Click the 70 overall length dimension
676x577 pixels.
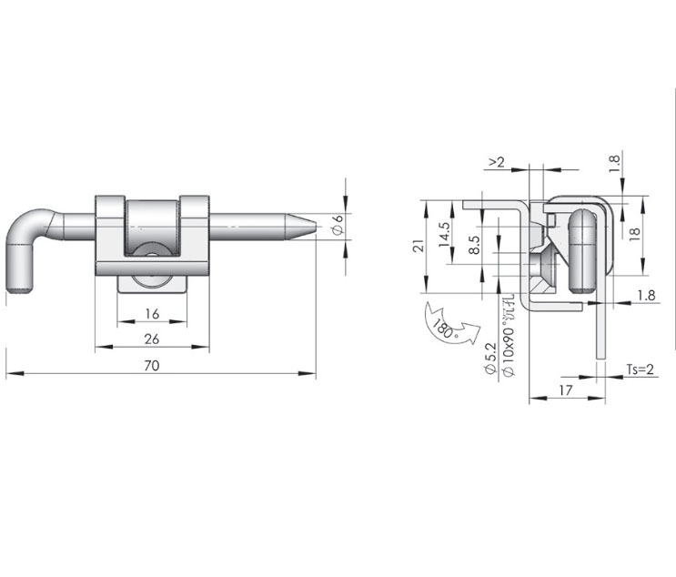coord(152,366)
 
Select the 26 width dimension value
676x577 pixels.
coord(152,339)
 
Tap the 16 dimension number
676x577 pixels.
coord(152,314)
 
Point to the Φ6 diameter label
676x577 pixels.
coord(338,225)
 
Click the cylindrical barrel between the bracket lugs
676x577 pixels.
coord(152,227)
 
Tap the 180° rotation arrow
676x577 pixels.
coord(451,326)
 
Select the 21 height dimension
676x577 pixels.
coord(419,248)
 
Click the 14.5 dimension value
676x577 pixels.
coord(444,235)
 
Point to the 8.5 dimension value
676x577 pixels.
coord(473,245)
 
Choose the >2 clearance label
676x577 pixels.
coord(496,162)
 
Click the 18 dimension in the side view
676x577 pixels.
coord(635,234)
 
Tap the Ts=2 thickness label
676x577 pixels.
coord(641,369)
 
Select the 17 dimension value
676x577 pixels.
coord(566,390)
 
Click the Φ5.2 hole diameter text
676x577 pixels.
coord(490,358)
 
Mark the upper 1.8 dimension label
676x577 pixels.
coord(614,165)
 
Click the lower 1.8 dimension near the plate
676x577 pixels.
coord(646,296)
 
